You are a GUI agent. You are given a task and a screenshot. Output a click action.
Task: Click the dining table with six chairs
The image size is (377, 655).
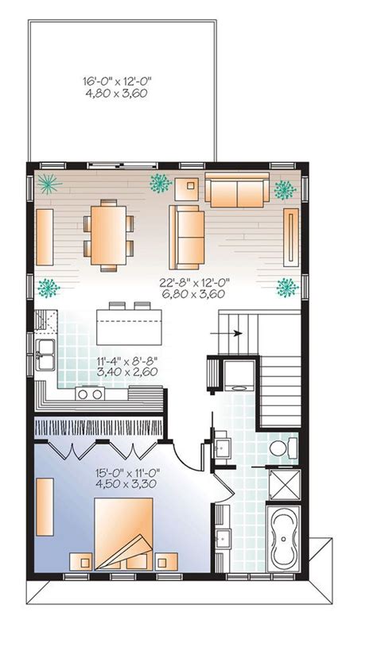109,235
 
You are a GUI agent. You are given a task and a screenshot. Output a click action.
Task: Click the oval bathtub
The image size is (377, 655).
283,538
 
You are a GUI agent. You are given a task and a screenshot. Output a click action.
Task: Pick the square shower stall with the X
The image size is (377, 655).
284,485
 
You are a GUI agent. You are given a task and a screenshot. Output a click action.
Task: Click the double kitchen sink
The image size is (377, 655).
45,355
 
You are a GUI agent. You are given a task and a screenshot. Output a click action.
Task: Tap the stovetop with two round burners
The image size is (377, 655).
90,393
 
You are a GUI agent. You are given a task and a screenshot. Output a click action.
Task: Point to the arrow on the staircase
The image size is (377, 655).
226,333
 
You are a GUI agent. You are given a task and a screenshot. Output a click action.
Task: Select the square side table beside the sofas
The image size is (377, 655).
187,189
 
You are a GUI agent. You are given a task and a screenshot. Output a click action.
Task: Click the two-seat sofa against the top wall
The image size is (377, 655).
237,189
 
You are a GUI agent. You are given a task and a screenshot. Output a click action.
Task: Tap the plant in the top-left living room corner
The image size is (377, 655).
49,184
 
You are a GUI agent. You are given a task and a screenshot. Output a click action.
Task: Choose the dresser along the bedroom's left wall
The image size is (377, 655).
45,506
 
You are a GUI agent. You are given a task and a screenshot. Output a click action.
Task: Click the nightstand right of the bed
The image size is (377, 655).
166,562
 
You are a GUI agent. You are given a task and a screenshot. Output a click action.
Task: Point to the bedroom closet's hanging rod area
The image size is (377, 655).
98,428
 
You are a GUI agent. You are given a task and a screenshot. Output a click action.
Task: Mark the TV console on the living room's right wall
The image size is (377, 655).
291,237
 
